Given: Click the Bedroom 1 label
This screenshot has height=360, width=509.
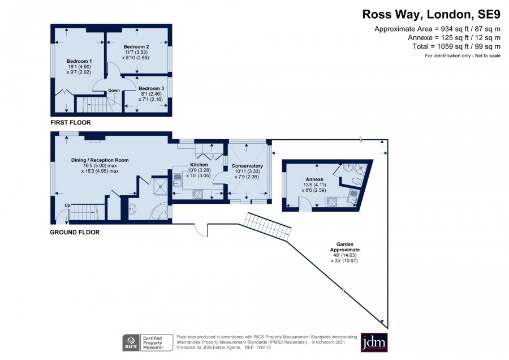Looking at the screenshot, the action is [79, 61].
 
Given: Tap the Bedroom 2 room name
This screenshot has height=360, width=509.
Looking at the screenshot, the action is [136, 47].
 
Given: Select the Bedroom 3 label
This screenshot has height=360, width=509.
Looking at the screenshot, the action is [151, 88].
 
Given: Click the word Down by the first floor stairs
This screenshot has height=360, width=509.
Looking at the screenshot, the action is [114, 91].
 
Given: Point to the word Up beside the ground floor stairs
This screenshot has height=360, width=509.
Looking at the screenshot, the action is [67, 205].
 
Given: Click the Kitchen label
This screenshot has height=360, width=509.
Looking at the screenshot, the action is [199, 165].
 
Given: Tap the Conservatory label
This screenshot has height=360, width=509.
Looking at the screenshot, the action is [247, 166].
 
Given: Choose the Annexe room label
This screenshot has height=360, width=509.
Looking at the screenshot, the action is [314, 179].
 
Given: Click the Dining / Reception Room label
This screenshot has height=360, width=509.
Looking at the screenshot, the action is [100, 160].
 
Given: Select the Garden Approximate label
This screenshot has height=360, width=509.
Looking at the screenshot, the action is [345, 247].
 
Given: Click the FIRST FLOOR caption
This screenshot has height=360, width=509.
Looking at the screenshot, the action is [71, 122].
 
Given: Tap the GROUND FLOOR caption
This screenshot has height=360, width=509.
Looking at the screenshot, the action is [75, 232].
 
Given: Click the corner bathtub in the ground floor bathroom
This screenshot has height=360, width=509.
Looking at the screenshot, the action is [159, 212].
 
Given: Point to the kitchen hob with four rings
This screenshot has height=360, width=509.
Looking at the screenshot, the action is [198, 194].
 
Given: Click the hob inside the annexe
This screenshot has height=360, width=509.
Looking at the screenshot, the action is [331, 202].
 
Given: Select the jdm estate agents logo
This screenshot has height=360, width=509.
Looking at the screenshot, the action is [374, 342].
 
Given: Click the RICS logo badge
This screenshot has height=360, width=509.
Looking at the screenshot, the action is [131, 343].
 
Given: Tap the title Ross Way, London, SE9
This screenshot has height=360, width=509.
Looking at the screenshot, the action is [431, 14].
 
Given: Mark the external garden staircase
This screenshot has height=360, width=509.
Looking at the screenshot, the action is [267, 227].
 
